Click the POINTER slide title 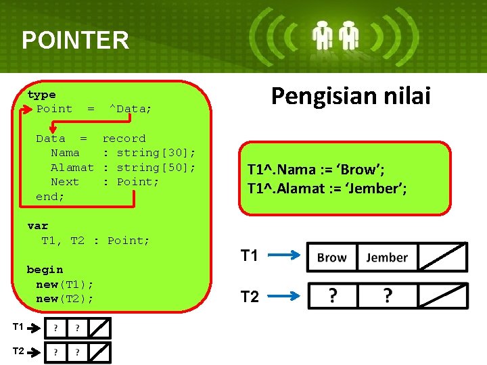click(75, 41)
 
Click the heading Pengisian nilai click(350, 96)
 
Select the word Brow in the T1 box click(331, 258)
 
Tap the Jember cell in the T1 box click(387, 258)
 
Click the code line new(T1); click(65, 284)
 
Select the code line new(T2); click(65, 299)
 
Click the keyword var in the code click(38, 226)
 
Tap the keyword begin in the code click(45, 270)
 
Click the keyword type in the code click(41, 95)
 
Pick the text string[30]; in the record click(156, 153)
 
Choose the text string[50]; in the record click(156, 167)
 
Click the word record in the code click(124, 139)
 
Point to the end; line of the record click(50, 197)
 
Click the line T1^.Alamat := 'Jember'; click(327, 188)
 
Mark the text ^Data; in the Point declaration click(131, 109)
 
